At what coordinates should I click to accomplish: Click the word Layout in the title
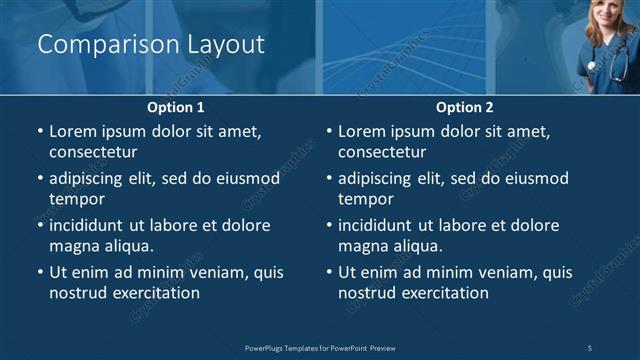coord(226,45)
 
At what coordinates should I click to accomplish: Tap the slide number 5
coord(590,348)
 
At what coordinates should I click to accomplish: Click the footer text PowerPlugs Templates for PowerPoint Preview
coord(320,348)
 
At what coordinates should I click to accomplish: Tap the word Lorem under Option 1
coord(72,131)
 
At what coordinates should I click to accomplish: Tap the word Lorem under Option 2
coord(361,131)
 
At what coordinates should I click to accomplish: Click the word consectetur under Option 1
coord(93,152)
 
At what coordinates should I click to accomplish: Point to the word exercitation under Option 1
coord(154,293)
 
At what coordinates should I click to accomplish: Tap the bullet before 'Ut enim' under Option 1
coord(39,272)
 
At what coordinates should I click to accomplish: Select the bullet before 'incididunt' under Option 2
coord(328,225)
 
